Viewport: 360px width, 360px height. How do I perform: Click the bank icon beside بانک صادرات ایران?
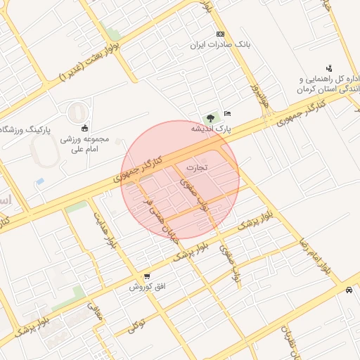(x=220, y=34)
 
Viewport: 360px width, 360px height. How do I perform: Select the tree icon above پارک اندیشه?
(x=210, y=117)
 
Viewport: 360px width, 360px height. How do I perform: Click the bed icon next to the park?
(x=226, y=113)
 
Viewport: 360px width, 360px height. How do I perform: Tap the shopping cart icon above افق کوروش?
(x=146, y=276)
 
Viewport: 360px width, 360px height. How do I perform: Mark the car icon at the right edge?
(x=349, y=290)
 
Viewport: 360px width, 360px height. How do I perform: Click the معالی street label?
(x=96, y=311)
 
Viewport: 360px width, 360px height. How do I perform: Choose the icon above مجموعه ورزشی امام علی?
(x=85, y=127)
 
